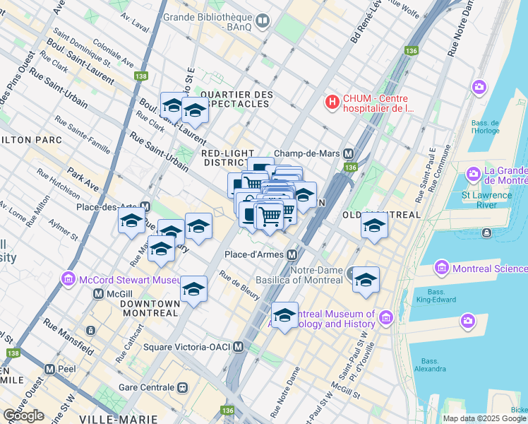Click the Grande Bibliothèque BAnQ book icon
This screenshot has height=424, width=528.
point(263,21)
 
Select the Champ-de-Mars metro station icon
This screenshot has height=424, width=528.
point(348,153)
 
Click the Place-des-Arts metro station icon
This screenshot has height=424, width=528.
point(145,207)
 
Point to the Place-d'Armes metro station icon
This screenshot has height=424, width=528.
point(291,254)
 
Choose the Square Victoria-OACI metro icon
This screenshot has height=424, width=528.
point(239,347)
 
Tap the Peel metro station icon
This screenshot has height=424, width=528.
point(49,369)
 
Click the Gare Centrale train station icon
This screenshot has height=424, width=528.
point(183,387)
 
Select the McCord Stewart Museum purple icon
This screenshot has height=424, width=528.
point(68,278)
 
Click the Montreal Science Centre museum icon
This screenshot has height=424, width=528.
point(442,268)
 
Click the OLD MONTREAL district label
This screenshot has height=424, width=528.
point(381,214)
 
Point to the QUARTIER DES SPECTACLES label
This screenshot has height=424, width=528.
point(235,99)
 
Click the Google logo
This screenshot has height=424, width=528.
point(23,416)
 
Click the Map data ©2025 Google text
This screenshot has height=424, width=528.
point(484,418)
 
